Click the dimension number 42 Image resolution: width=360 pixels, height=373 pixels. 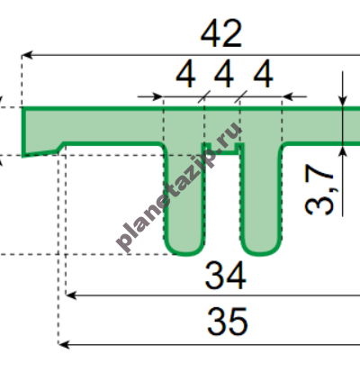click(221, 33)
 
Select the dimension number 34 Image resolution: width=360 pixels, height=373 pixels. click(225, 276)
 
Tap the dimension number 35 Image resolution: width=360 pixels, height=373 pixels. click(228, 322)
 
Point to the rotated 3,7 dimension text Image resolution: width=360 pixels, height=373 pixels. click(319, 190)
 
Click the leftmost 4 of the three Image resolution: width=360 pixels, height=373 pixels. click(185, 74)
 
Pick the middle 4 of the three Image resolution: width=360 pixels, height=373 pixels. click(224, 74)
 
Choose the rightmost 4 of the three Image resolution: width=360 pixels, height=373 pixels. click(263, 74)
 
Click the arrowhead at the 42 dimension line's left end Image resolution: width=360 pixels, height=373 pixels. click(27, 55)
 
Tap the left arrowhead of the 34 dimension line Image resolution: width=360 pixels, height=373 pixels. click(71, 296)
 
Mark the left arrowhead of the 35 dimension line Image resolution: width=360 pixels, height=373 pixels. click(64, 344)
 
